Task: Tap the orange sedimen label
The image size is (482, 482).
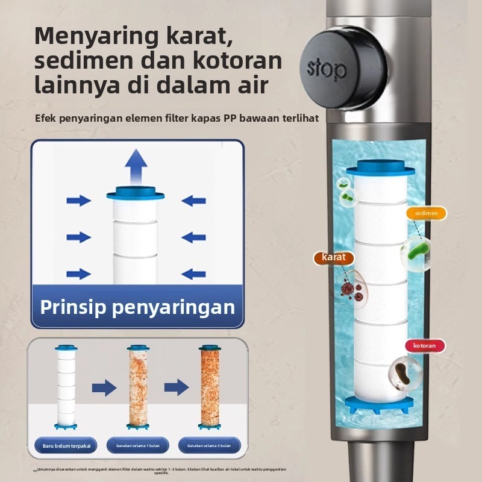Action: point(427,213)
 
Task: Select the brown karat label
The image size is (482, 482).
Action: point(334,257)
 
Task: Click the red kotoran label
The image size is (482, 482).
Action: point(425,346)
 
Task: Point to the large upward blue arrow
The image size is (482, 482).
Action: point(136,166)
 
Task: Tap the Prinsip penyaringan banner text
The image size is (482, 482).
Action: point(137,307)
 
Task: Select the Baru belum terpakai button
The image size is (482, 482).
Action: point(66,445)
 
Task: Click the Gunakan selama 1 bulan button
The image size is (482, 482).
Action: point(137,445)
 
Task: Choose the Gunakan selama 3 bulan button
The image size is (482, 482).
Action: point(209,445)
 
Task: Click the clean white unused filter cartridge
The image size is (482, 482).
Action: point(66,386)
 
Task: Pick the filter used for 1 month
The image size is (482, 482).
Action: point(137,386)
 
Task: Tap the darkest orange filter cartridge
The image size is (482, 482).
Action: point(210,386)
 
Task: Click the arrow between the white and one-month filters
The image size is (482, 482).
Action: point(104,387)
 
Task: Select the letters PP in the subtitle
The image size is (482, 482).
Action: point(229,117)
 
